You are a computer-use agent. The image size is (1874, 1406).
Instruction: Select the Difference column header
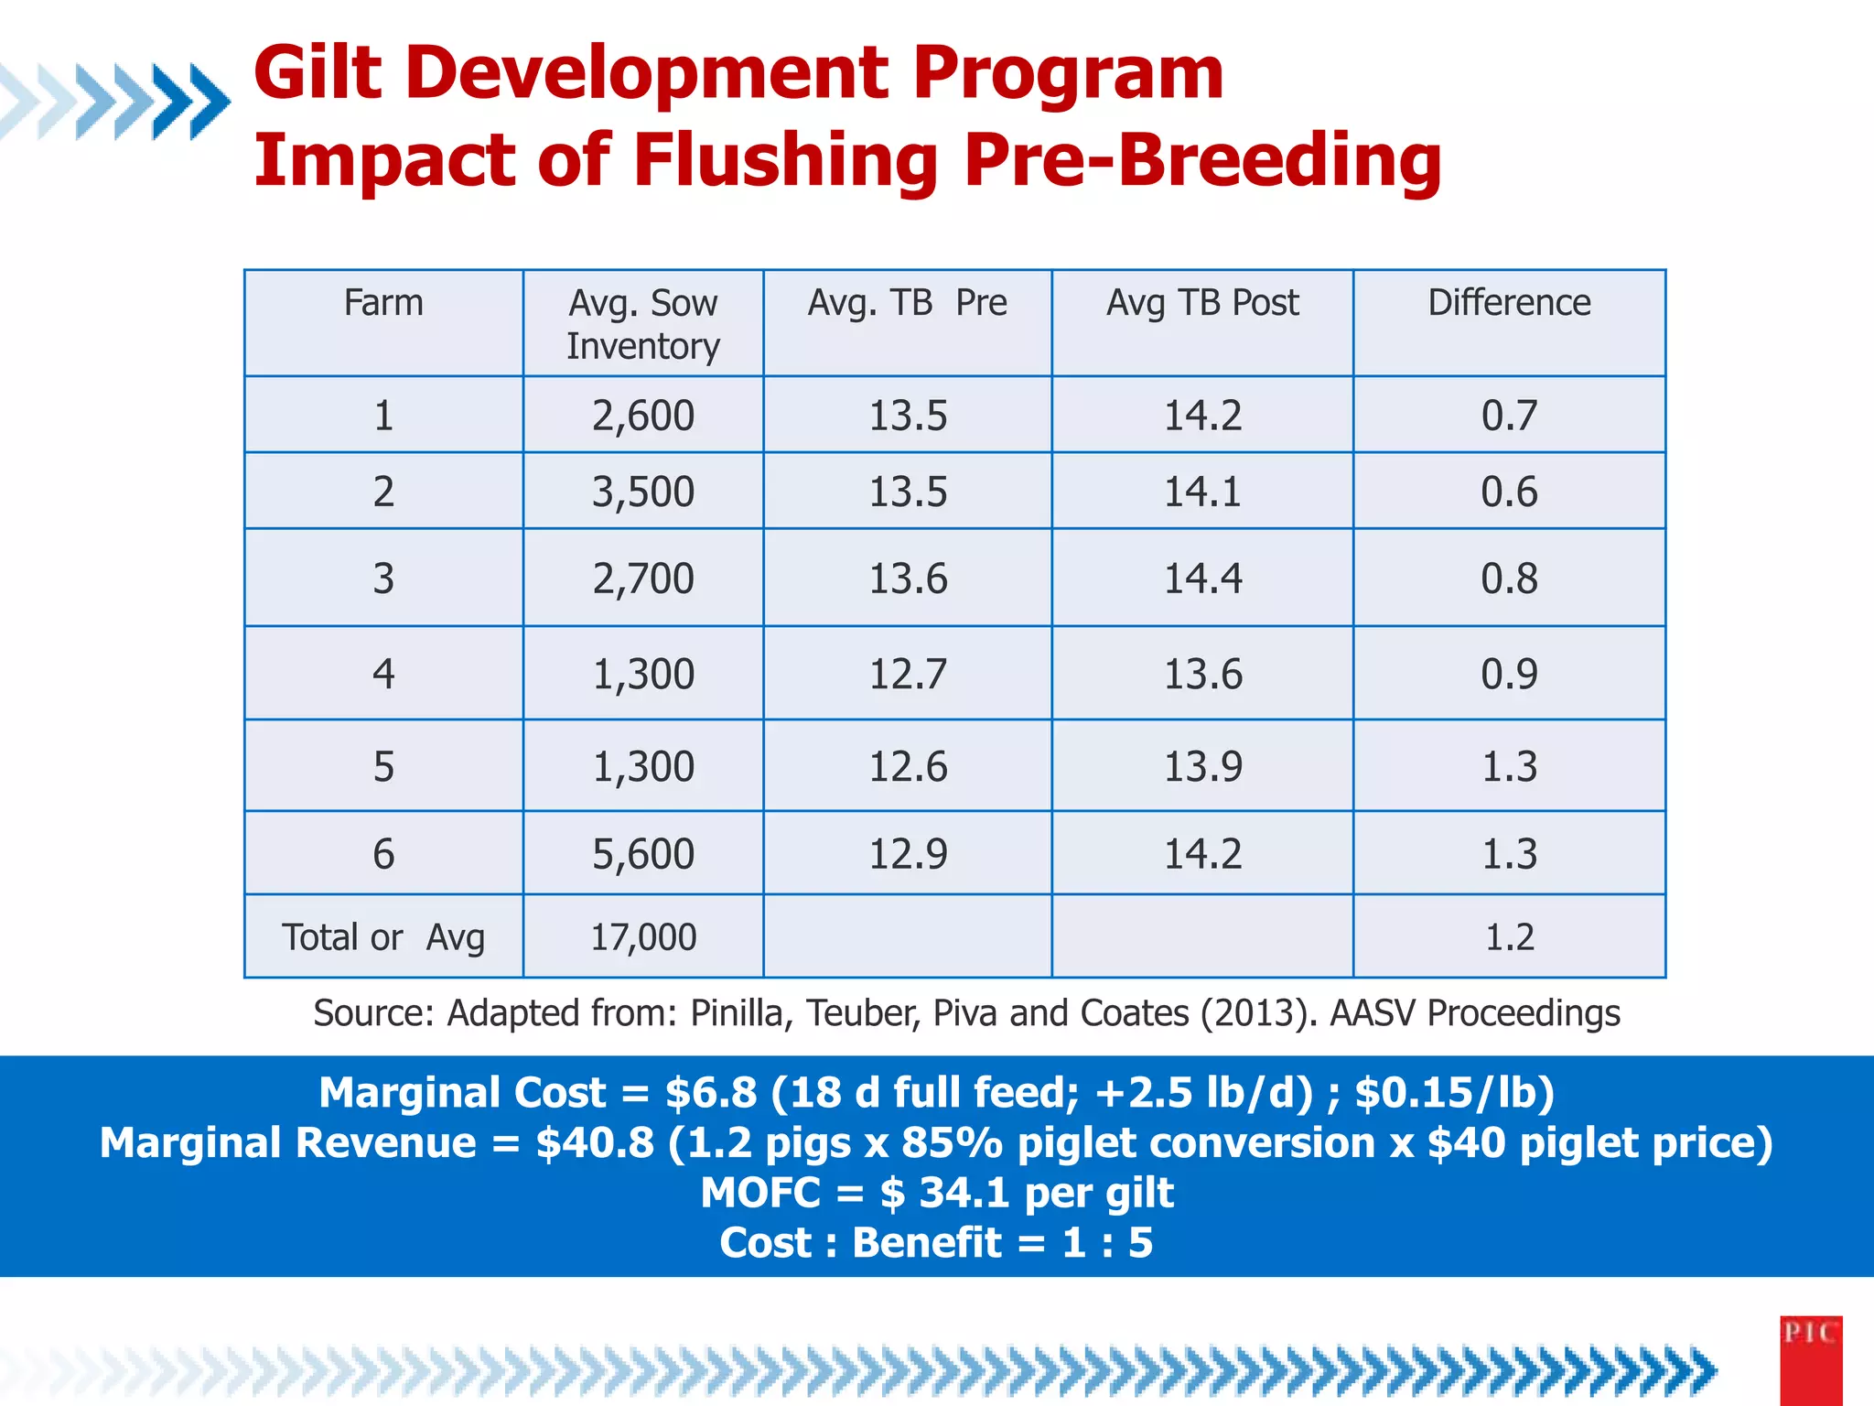(x=1509, y=303)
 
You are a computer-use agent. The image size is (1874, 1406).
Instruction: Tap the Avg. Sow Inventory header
(x=642, y=324)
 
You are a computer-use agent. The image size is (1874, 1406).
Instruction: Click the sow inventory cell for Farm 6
(x=642, y=854)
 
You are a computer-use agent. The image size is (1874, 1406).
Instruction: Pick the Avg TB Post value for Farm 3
(x=1202, y=579)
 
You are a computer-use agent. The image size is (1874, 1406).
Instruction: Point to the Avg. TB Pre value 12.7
(x=907, y=675)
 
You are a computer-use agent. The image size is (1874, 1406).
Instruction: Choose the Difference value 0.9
(x=1509, y=675)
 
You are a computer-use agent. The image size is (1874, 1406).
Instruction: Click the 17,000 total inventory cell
(x=642, y=937)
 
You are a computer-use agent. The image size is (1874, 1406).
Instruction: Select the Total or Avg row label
(x=383, y=937)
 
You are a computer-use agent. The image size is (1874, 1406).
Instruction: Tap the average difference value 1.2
(x=1509, y=937)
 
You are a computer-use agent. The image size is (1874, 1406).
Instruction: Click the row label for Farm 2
(x=383, y=492)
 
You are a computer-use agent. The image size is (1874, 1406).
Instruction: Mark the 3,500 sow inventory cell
(x=642, y=492)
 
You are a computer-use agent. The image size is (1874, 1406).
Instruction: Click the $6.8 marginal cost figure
(x=710, y=1093)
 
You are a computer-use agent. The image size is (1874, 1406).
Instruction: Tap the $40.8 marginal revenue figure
(x=595, y=1143)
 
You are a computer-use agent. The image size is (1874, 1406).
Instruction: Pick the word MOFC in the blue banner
(x=760, y=1193)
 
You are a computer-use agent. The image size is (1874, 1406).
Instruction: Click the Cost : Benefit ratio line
(x=936, y=1243)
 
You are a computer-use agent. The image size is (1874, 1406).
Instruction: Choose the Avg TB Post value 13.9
(x=1202, y=767)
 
